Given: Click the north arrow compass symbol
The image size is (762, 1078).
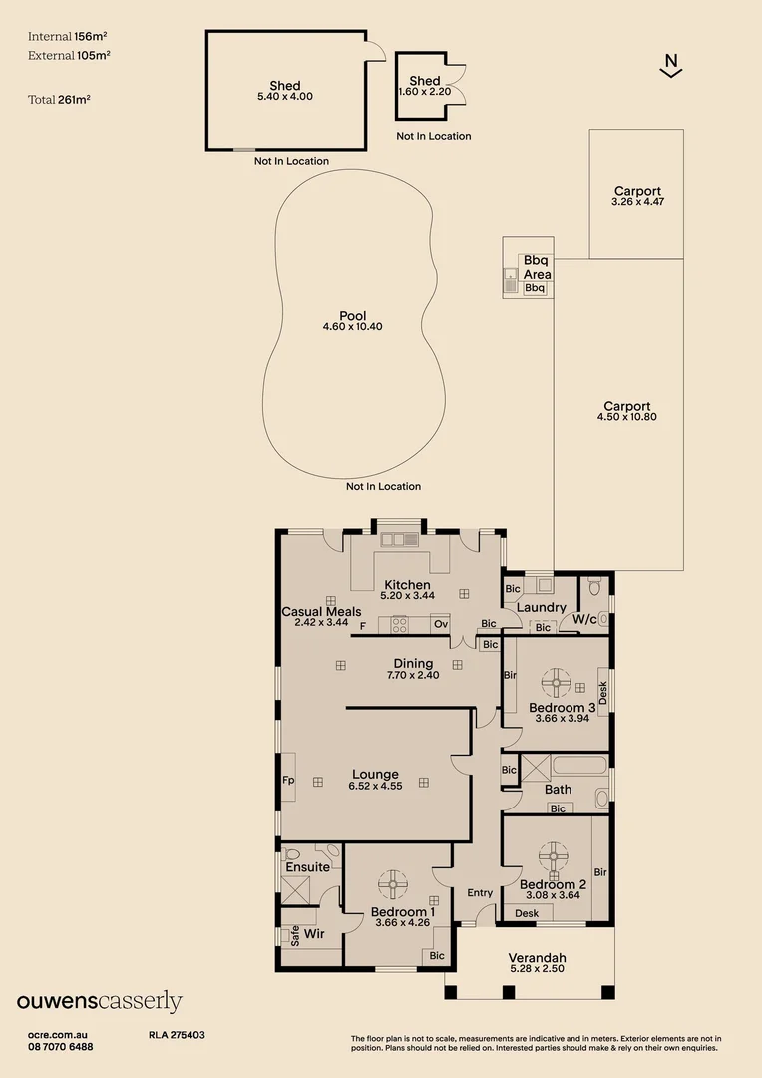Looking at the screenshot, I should tap(671, 65).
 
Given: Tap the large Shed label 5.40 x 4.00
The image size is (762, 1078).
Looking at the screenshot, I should tap(285, 91).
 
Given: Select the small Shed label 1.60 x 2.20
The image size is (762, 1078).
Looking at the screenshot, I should tap(425, 86).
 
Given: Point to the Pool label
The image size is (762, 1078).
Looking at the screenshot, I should tap(353, 321).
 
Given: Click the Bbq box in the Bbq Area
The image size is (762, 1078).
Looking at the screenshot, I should tap(535, 288).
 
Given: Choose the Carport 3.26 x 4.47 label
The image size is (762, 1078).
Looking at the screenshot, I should tap(637, 196).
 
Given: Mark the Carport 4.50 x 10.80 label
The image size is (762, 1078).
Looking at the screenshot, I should tap(627, 411).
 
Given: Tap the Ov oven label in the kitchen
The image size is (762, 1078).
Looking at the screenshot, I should tap(440, 625).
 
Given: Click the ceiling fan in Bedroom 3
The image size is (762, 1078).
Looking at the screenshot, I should tap(556, 685).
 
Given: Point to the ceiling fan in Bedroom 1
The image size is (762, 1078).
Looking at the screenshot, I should tap(393, 883).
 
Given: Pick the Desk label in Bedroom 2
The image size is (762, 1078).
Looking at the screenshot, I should tap(527, 913).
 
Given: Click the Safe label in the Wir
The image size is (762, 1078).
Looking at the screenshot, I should tap(295, 935).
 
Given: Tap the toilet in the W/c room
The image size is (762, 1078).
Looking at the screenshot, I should tap(595, 588).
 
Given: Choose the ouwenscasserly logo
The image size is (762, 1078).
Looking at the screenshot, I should tap(100, 1001).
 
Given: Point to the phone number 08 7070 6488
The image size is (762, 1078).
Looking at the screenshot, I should tap(61, 1047).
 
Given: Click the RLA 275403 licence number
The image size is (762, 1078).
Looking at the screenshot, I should tap(177, 1036).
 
